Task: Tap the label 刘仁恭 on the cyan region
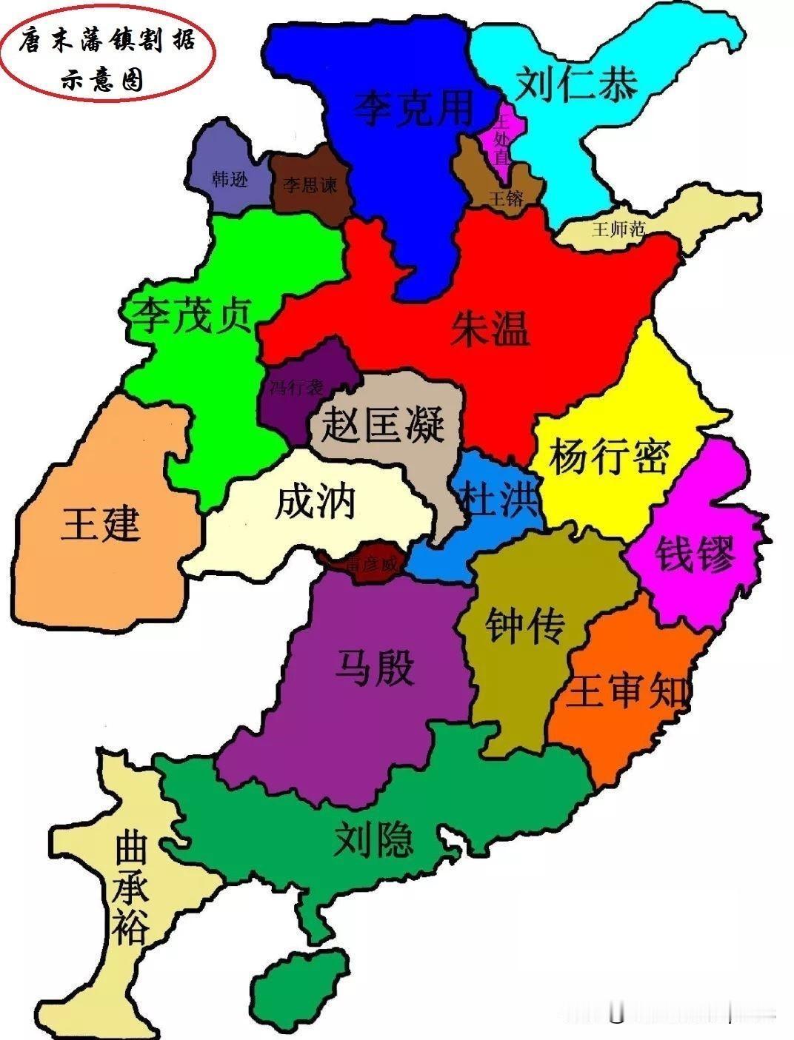576,84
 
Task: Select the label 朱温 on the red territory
490,328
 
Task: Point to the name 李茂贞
192,315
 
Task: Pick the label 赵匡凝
383,425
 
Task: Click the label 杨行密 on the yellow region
609,456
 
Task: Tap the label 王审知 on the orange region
628,692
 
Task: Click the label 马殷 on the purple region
374,668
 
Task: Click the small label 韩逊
230,178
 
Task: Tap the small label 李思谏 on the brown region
310,184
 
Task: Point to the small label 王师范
618,229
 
